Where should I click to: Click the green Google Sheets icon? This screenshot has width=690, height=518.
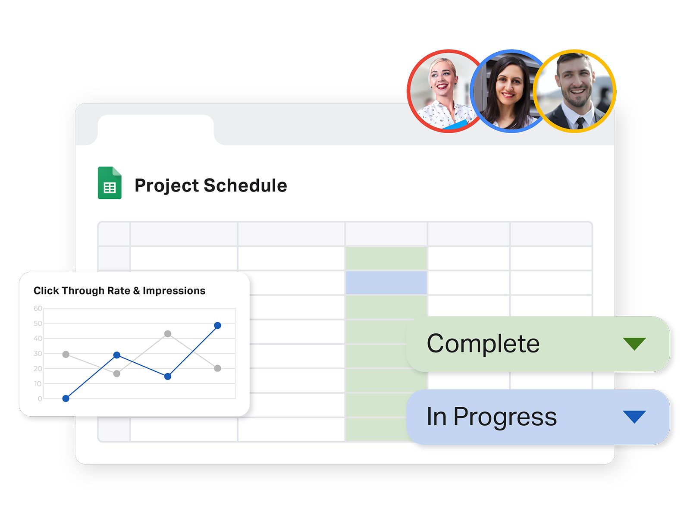(110, 182)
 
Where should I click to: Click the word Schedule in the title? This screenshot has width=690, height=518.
(245, 185)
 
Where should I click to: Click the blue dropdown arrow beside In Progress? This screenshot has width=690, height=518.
(634, 417)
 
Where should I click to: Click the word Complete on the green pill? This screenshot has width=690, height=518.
(483, 343)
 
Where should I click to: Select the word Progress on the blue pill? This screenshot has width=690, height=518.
(505, 417)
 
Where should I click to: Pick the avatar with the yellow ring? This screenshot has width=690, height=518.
(574, 91)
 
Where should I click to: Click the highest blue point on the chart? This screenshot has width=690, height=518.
(217, 325)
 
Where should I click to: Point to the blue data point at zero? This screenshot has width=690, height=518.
(66, 399)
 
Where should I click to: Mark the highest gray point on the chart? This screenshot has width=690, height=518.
(168, 333)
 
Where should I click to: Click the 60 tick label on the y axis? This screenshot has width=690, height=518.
(38, 308)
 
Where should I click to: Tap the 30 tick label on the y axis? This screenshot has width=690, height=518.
(38, 354)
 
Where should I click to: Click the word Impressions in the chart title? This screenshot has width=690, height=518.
(174, 291)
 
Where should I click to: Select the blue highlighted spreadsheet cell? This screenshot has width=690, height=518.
(386, 283)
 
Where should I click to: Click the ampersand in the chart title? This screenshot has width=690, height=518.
(136, 291)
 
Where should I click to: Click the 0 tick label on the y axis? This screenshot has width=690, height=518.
(40, 399)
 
